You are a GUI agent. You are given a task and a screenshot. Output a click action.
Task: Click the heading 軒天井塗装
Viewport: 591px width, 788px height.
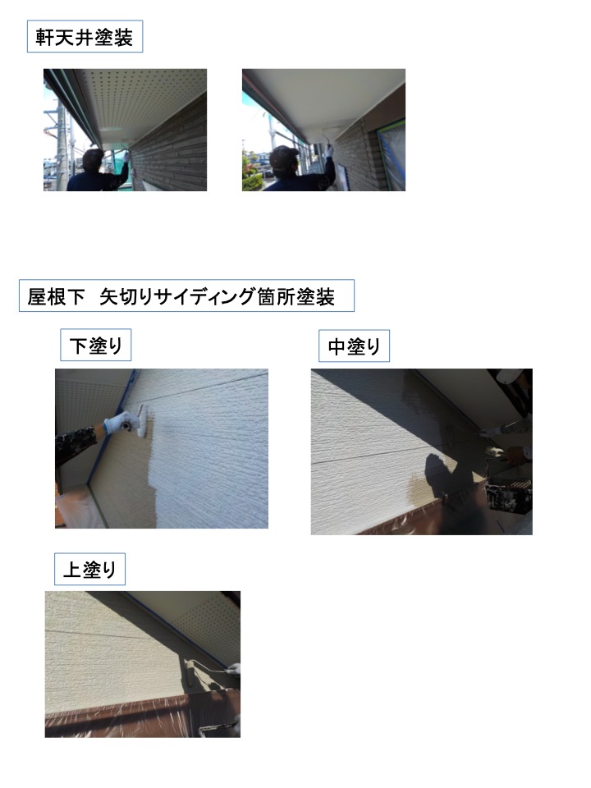85,37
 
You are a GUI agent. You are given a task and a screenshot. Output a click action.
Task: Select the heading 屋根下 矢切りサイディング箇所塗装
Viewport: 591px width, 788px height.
181,296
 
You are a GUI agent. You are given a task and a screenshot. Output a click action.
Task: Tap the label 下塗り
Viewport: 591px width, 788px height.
95,346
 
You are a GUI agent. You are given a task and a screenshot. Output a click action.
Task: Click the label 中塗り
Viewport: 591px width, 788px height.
354,346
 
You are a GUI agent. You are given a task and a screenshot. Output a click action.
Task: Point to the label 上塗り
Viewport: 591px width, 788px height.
89,570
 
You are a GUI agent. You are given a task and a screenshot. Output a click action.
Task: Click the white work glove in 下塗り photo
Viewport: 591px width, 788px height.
120,424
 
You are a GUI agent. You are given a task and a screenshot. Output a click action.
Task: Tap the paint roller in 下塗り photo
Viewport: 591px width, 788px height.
142,421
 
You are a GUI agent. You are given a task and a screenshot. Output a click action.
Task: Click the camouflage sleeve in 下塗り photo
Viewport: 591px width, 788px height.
76,446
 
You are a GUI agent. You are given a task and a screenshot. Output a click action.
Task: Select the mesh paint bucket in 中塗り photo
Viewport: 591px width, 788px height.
509,494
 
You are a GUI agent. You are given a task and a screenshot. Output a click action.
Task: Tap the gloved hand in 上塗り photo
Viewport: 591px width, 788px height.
233,669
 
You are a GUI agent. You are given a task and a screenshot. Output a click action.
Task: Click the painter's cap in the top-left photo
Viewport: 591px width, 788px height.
93,156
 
